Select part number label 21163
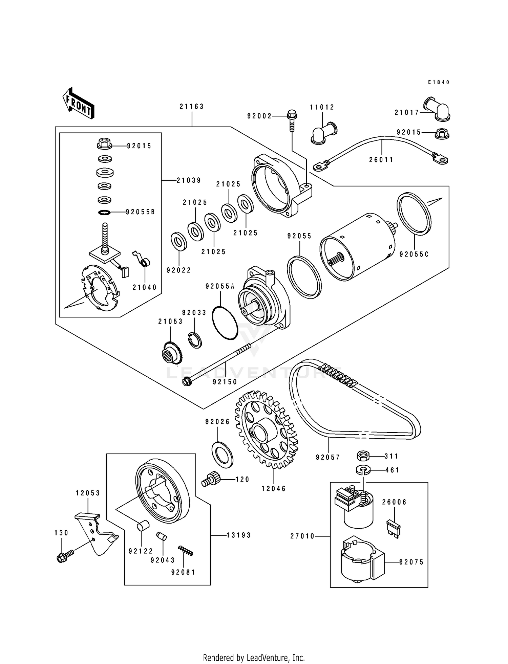[192, 107]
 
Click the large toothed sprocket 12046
[267, 430]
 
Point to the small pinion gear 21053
[172, 354]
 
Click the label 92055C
[414, 254]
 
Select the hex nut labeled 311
[364, 456]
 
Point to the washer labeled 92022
[179, 241]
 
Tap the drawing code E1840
[438, 82]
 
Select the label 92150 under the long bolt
[225, 382]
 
